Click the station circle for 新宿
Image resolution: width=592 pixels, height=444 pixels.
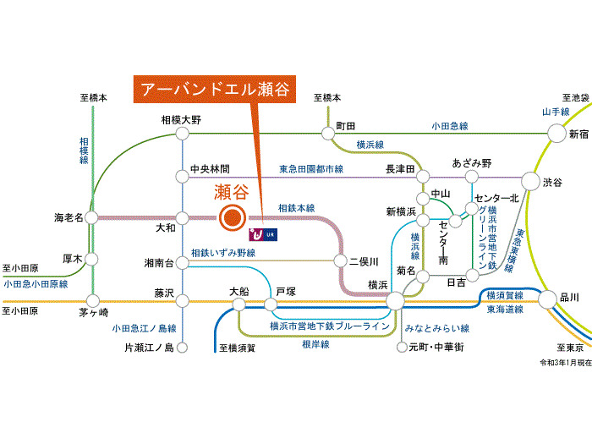click(556, 133)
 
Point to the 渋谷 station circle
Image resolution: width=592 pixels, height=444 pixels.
click(530, 181)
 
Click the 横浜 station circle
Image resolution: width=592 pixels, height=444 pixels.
click(395, 299)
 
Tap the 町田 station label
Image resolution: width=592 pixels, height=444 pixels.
click(345, 126)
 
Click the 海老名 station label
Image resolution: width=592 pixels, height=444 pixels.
click(68, 217)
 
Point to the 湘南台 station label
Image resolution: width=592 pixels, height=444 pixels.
click(158, 263)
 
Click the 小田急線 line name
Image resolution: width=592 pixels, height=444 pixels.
click(448, 126)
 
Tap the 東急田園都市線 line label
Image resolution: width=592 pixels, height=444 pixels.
click(311, 169)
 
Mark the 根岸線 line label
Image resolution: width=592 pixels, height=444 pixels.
click(315, 344)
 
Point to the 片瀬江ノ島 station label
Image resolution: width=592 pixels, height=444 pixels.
click(148, 348)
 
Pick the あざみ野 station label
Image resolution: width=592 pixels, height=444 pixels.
click(471, 162)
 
